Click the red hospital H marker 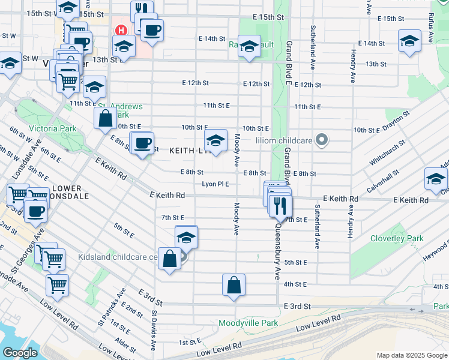click(122, 30)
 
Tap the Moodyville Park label click(248, 323)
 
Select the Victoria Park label click(52, 128)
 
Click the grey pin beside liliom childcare click(322, 140)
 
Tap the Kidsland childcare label click(117, 257)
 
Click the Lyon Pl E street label click(215, 184)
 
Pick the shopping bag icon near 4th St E click(234, 285)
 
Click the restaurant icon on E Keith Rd click(280, 205)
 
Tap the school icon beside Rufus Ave click(409, 41)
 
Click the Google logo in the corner click(20, 353)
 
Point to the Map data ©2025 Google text click(412, 355)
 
